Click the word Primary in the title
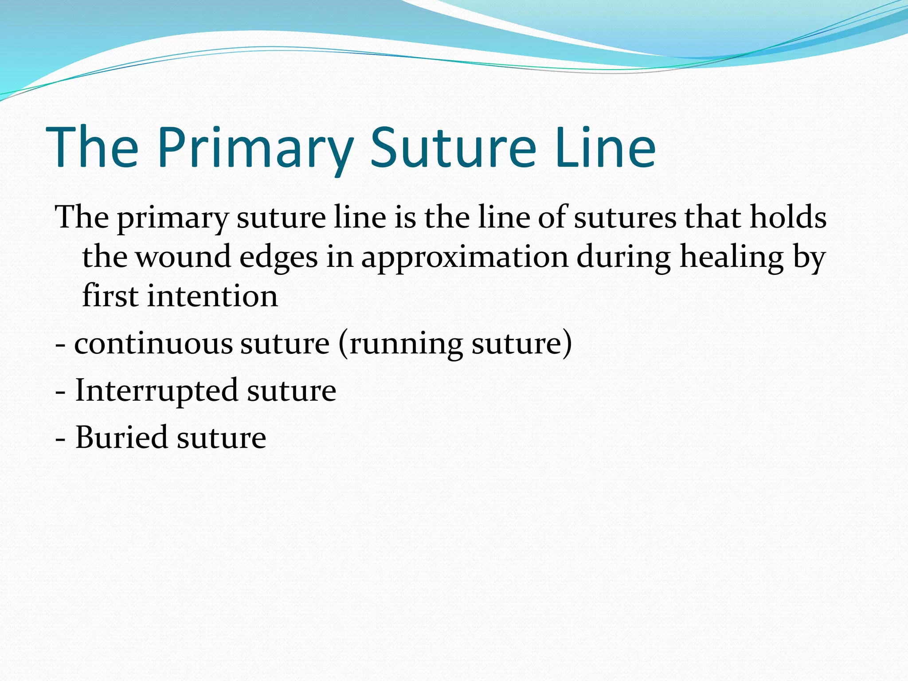[255, 148]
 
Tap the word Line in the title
[605, 148]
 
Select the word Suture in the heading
[453, 148]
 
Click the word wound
[183, 257]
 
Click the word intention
[212, 296]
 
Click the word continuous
[153, 344]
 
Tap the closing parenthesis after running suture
[567, 344]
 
